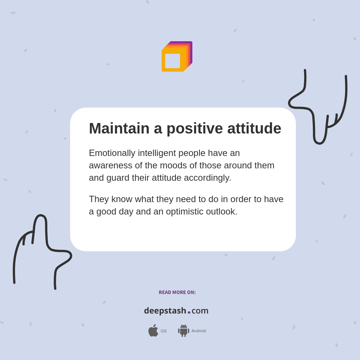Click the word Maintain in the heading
point(119,129)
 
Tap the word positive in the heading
point(194,129)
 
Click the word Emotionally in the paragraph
point(112,153)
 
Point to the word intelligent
point(157,153)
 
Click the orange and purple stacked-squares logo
point(177,57)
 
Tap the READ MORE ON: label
point(177,292)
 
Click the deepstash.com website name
point(176,310)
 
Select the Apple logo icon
point(153,330)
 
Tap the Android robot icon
point(184,331)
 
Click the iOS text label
point(163,331)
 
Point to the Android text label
point(199,331)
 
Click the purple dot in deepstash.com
point(189,312)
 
